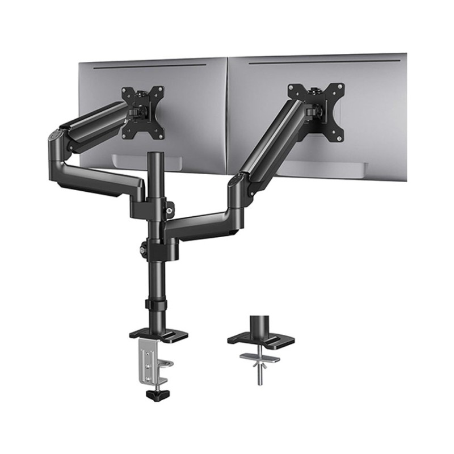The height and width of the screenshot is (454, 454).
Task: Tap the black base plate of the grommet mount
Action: tap(261, 339)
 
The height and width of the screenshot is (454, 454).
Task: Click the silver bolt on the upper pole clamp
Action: tap(170, 211)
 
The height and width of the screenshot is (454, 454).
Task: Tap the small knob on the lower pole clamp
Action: tap(142, 248)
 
